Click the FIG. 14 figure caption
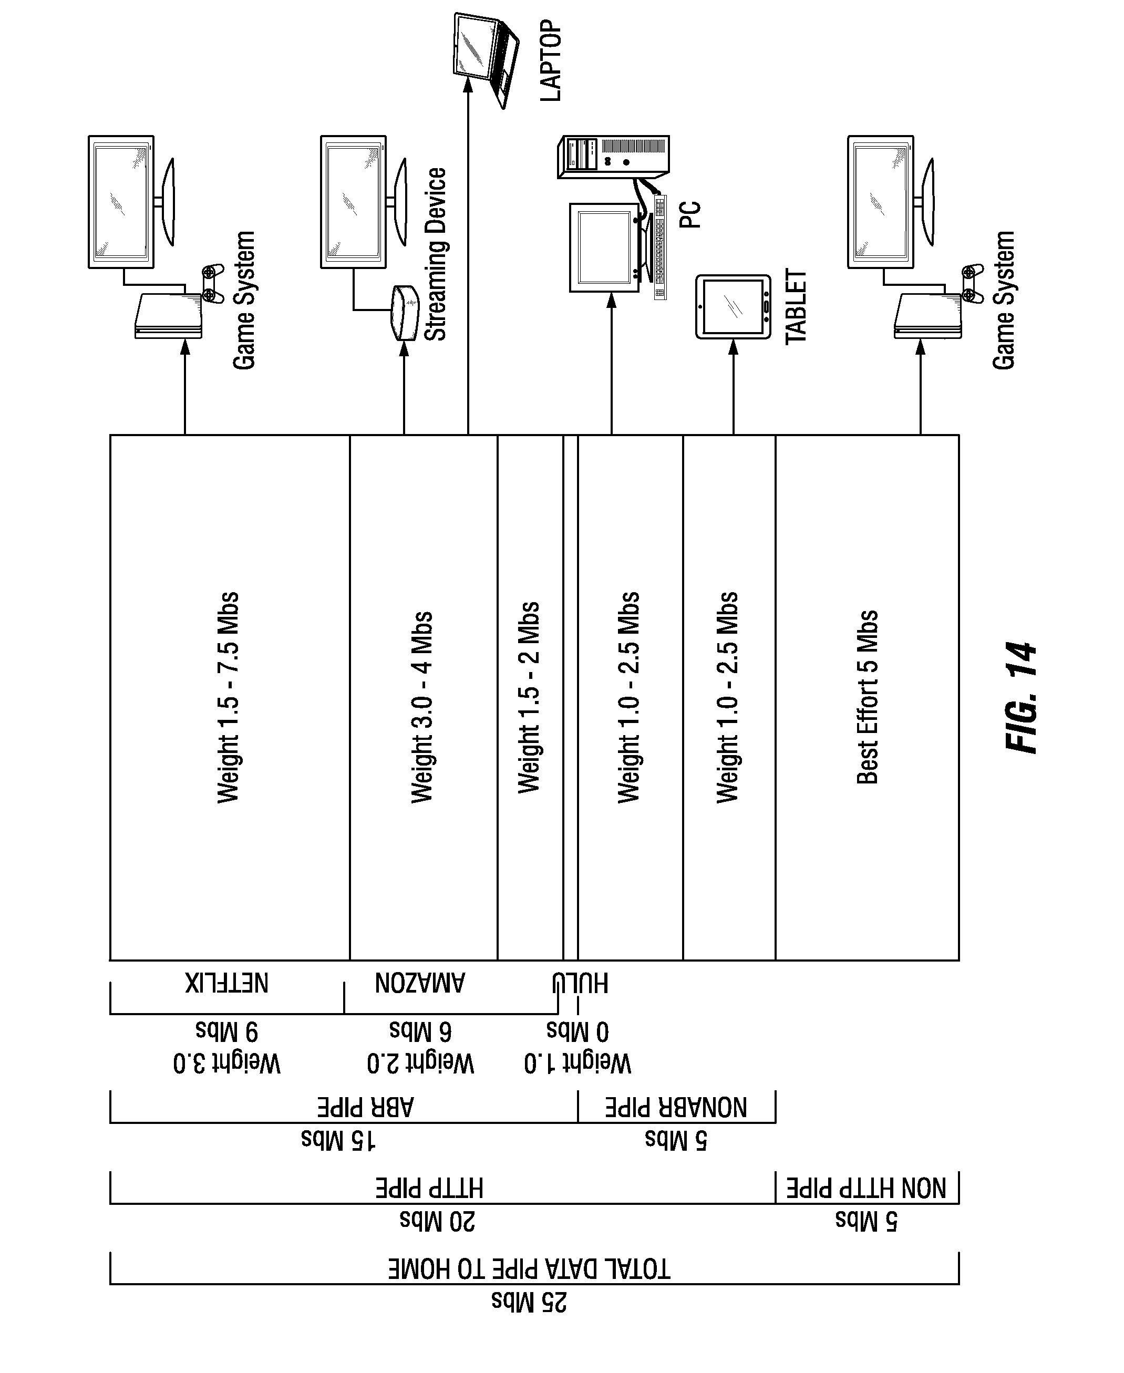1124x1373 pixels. (x=1022, y=698)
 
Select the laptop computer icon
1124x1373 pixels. (x=486, y=59)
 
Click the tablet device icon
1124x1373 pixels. (x=734, y=307)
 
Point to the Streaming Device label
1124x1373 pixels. (x=435, y=254)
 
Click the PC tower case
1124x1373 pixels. (x=614, y=156)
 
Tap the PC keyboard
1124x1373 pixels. (x=660, y=246)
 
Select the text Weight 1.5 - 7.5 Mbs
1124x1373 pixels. (x=228, y=698)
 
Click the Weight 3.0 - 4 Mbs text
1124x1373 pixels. (x=422, y=708)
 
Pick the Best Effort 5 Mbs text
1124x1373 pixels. (x=868, y=697)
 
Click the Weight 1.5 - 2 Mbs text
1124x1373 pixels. (x=529, y=697)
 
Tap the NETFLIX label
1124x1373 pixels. (x=226, y=983)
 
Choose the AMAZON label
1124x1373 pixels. (x=419, y=983)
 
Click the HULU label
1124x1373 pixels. (x=580, y=983)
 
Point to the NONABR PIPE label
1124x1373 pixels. (x=676, y=1108)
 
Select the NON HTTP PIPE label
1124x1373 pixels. (x=867, y=1189)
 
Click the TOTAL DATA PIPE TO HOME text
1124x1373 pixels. (x=529, y=1269)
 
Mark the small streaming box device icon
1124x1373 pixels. (x=404, y=313)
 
